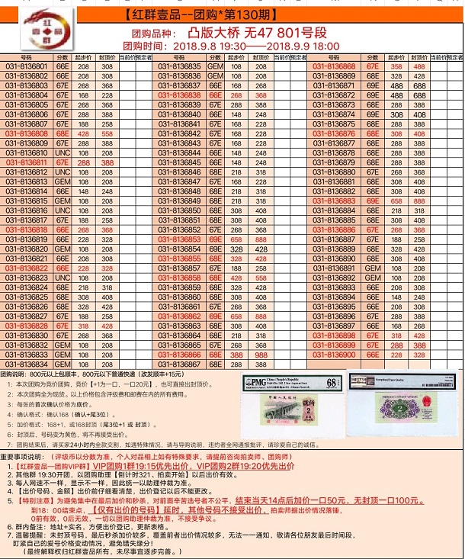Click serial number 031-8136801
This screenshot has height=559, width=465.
click(27, 66)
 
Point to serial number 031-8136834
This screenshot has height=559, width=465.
click(27, 365)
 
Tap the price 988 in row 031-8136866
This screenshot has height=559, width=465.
click(261, 355)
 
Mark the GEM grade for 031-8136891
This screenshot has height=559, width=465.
click(373, 268)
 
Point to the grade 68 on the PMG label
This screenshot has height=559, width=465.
click(330, 381)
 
